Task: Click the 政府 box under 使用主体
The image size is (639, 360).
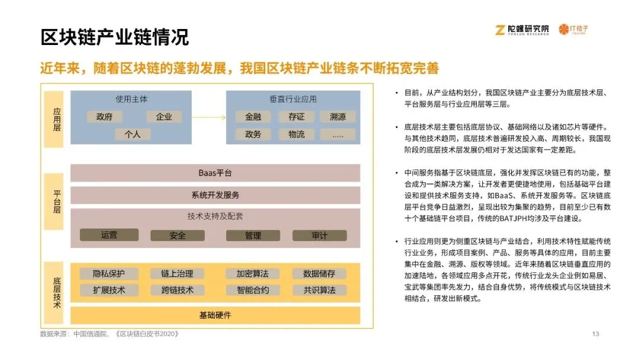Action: (105, 117)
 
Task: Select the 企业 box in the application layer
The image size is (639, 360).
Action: (164, 117)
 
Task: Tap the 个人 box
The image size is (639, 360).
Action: (133, 134)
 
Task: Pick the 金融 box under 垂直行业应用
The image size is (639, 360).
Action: (253, 117)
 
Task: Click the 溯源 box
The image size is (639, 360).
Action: (338, 117)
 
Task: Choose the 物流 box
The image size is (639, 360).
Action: (296, 134)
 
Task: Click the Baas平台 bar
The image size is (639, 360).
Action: (215, 173)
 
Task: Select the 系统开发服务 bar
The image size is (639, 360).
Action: (215, 195)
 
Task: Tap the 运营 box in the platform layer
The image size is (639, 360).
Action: (109, 235)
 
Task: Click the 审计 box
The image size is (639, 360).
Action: (319, 236)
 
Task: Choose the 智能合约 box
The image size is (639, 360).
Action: (253, 290)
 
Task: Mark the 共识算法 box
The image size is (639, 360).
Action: (319, 290)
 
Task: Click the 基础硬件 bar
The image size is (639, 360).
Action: (215, 315)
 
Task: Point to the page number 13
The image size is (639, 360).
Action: (596, 334)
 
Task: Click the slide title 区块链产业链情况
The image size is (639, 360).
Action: (115, 37)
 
